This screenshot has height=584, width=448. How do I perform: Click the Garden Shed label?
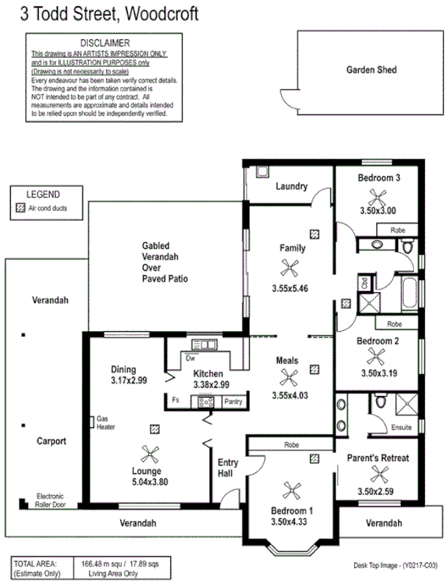coord(371,70)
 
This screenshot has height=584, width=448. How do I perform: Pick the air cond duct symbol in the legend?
coord(20,207)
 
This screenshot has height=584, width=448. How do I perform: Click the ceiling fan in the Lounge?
coord(151,455)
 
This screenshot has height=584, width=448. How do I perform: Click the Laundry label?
coord(290,187)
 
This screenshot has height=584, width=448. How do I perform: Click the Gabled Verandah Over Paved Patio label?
coord(165,262)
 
